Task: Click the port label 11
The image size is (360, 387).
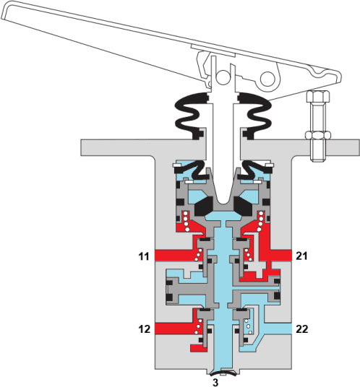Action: (x=144, y=256)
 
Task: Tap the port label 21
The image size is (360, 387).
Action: (x=301, y=256)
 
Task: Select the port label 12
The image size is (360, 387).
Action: (x=144, y=329)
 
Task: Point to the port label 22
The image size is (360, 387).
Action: (x=301, y=329)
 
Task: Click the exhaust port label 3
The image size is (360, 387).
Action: (x=215, y=383)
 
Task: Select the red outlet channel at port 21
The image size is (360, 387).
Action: (x=281, y=255)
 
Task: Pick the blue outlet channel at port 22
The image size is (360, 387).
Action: (x=278, y=329)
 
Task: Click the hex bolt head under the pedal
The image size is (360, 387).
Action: (x=318, y=96)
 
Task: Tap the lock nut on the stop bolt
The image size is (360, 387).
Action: (x=318, y=135)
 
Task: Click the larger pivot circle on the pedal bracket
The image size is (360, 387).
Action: (x=267, y=79)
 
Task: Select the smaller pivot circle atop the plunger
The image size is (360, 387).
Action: (x=223, y=76)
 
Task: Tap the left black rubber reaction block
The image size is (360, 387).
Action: (x=204, y=206)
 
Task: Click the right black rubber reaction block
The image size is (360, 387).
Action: (x=243, y=206)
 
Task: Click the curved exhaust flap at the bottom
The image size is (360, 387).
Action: (x=223, y=372)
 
